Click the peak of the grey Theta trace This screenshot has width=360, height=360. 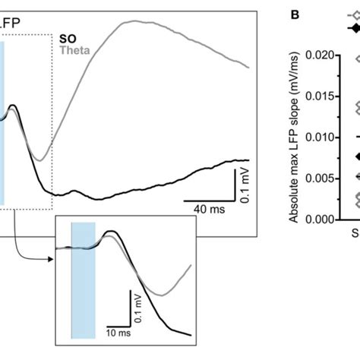coord(135,21)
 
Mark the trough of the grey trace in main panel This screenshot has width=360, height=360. coord(43,160)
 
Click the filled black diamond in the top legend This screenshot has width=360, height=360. coord(354,27)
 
